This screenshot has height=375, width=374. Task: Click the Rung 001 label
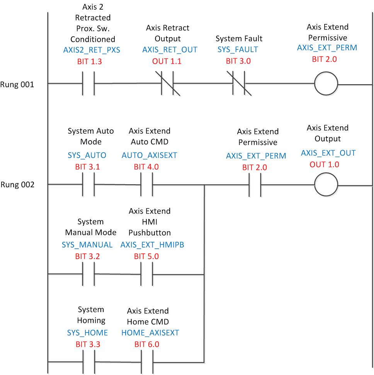[17, 84]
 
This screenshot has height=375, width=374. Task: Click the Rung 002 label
[17, 185]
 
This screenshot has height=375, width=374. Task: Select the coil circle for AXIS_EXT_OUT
[326, 185]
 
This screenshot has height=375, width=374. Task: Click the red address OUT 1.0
[326, 165]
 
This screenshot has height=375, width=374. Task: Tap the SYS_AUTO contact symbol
[89, 185]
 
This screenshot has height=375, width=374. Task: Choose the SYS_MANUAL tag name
[87, 245]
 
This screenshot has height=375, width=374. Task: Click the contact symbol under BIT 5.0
[147, 274]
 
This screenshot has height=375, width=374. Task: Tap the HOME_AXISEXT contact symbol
[147, 362]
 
